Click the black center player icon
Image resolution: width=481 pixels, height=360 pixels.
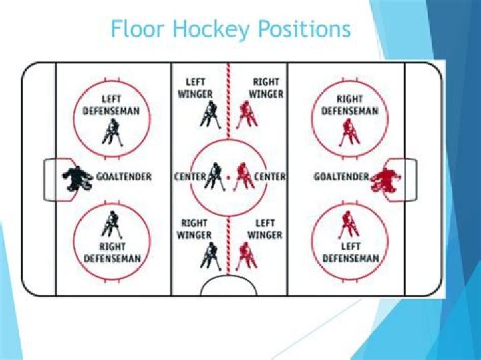(214, 177)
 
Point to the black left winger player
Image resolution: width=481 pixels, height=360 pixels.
(208, 114)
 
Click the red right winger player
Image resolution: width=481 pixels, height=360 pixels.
(245, 114)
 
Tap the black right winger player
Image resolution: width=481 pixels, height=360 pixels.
(210, 255)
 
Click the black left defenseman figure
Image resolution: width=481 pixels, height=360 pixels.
(111, 132)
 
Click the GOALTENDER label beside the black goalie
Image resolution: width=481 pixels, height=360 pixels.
(124, 177)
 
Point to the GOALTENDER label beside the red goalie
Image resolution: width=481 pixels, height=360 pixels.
(341, 177)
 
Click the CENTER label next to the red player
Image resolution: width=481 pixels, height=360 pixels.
(270, 177)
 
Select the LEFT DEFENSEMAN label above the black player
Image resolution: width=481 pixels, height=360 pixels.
(111, 104)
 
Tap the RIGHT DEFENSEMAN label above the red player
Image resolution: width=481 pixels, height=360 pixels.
(349, 104)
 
